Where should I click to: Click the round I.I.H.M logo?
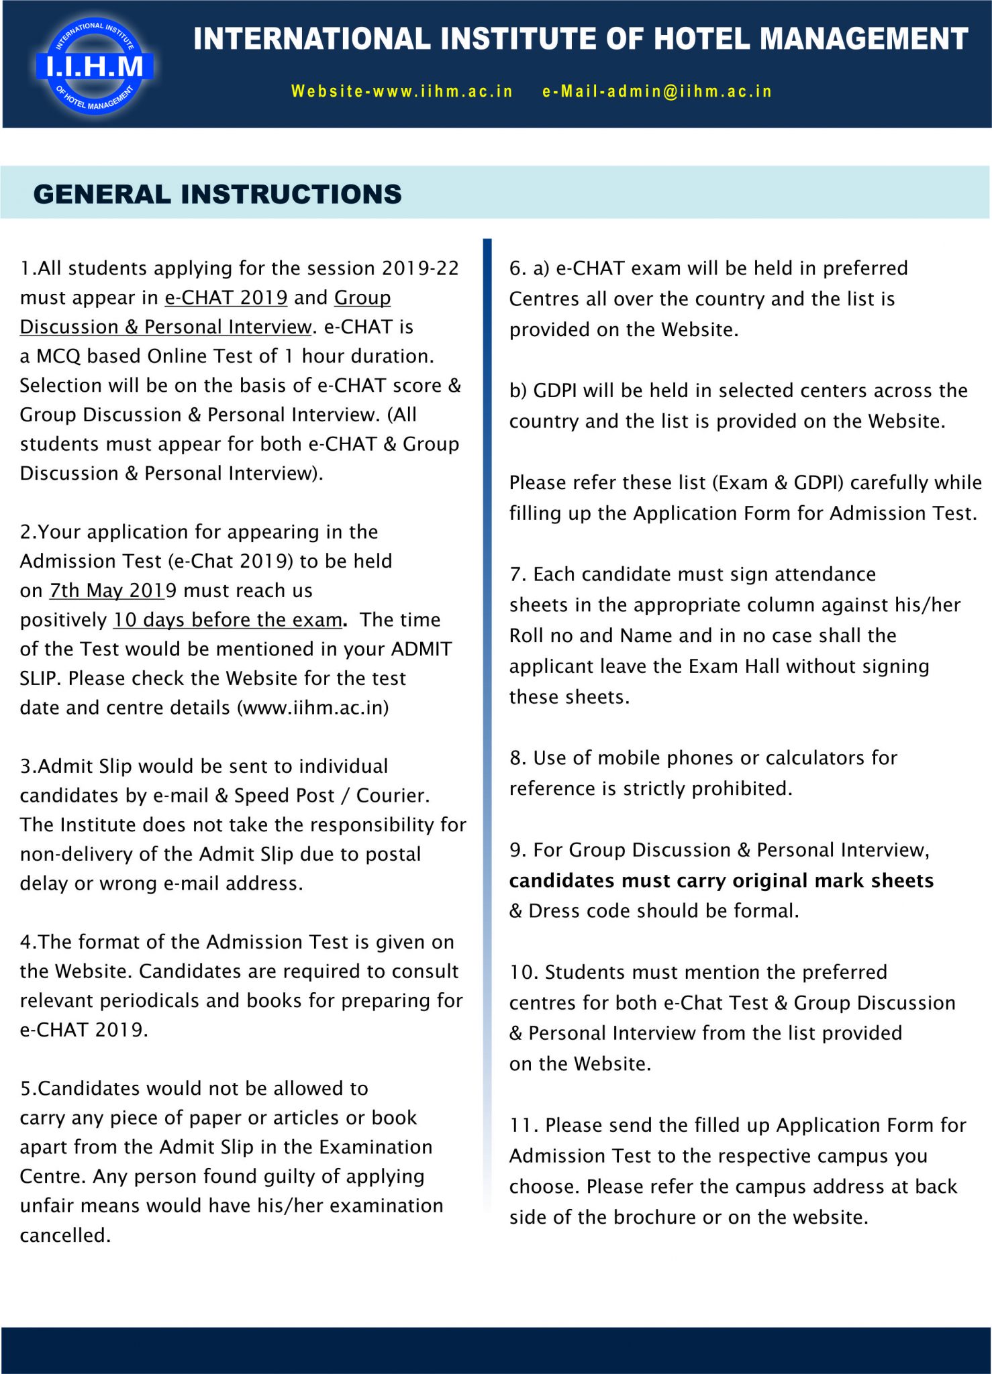[x=95, y=66]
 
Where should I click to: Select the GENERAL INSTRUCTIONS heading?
[x=217, y=195]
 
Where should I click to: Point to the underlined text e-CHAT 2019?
[x=226, y=297]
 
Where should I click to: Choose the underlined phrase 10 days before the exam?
[x=228, y=620]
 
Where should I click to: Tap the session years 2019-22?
[x=420, y=268]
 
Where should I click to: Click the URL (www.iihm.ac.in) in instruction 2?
[x=313, y=708]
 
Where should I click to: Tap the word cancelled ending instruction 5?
[x=64, y=1235]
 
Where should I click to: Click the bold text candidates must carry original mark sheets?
[x=721, y=881]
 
